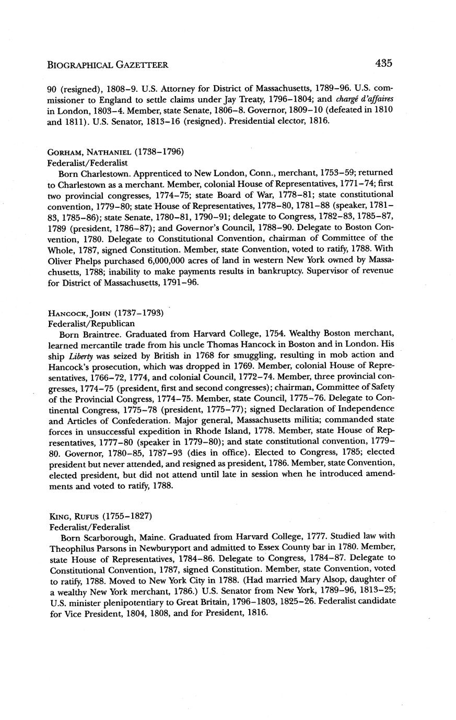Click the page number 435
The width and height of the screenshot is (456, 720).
click(383, 63)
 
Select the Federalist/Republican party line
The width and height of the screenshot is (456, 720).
click(88, 324)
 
